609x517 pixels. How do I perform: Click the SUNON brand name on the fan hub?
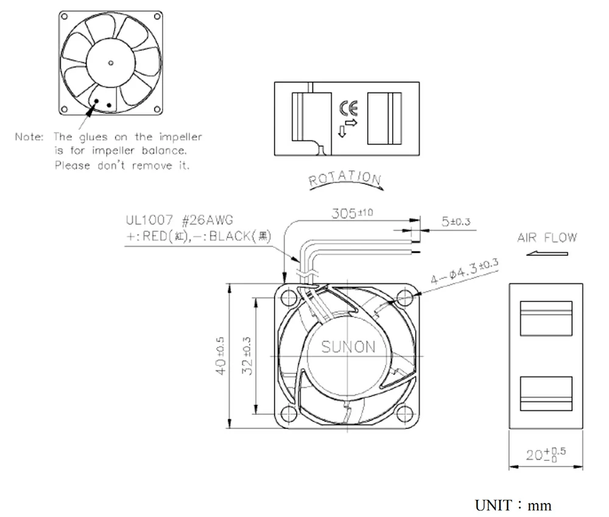click(x=348, y=346)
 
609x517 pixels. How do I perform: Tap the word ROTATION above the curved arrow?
click(x=345, y=178)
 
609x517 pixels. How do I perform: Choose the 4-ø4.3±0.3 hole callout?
click(x=463, y=272)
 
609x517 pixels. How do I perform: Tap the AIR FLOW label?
click(x=546, y=237)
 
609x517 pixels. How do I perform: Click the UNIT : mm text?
click(x=513, y=505)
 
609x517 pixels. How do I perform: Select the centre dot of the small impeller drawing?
click(x=110, y=62)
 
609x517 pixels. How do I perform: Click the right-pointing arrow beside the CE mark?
click(x=352, y=123)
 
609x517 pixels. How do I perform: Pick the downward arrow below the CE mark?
click(x=342, y=132)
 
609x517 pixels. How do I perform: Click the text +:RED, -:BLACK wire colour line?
click(x=198, y=236)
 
